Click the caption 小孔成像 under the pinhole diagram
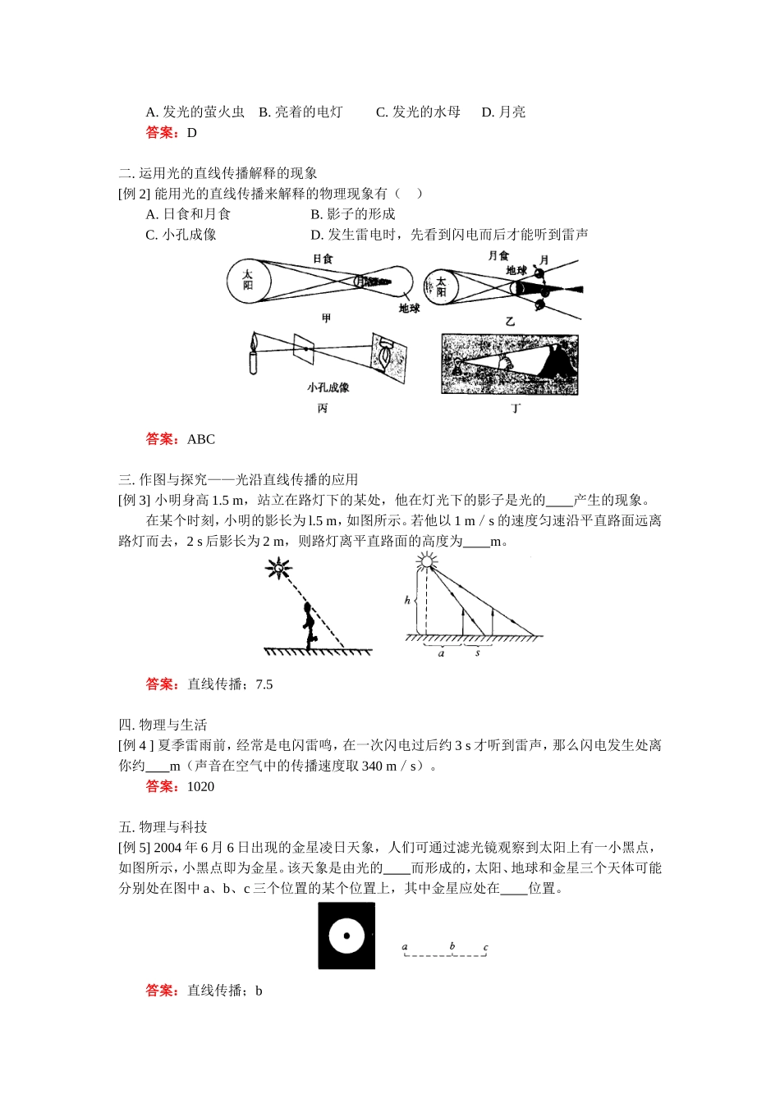click(328, 387)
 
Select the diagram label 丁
click(516, 408)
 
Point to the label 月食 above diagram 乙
click(498, 256)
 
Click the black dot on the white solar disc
click(346, 936)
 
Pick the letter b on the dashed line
click(452, 946)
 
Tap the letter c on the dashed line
click(485, 947)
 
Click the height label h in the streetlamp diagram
click(408, 601)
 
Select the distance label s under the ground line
click(478, 653)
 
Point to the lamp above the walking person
click(280, 567)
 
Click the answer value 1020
click(200, 787)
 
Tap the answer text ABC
click(201, 440)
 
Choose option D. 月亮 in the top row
click(503, 112)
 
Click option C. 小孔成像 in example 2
click(181, 235)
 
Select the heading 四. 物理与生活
click(163, 725)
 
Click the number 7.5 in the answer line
click(264, 684)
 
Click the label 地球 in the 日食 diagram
click(409, 309)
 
